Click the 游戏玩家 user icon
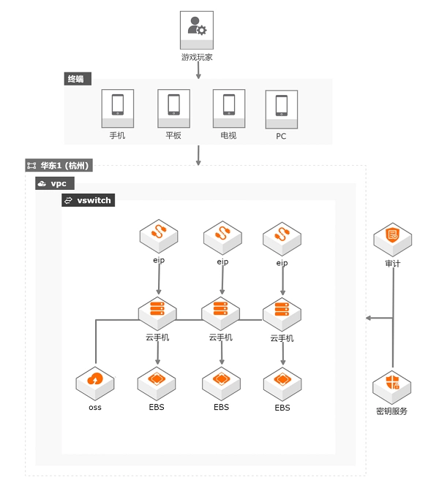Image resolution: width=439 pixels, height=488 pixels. coord(197,30)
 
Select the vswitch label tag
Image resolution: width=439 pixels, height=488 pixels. coord(89,199)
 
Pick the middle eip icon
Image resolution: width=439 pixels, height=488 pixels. coord(222,236)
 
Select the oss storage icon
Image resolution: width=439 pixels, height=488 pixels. coord(95,381)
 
